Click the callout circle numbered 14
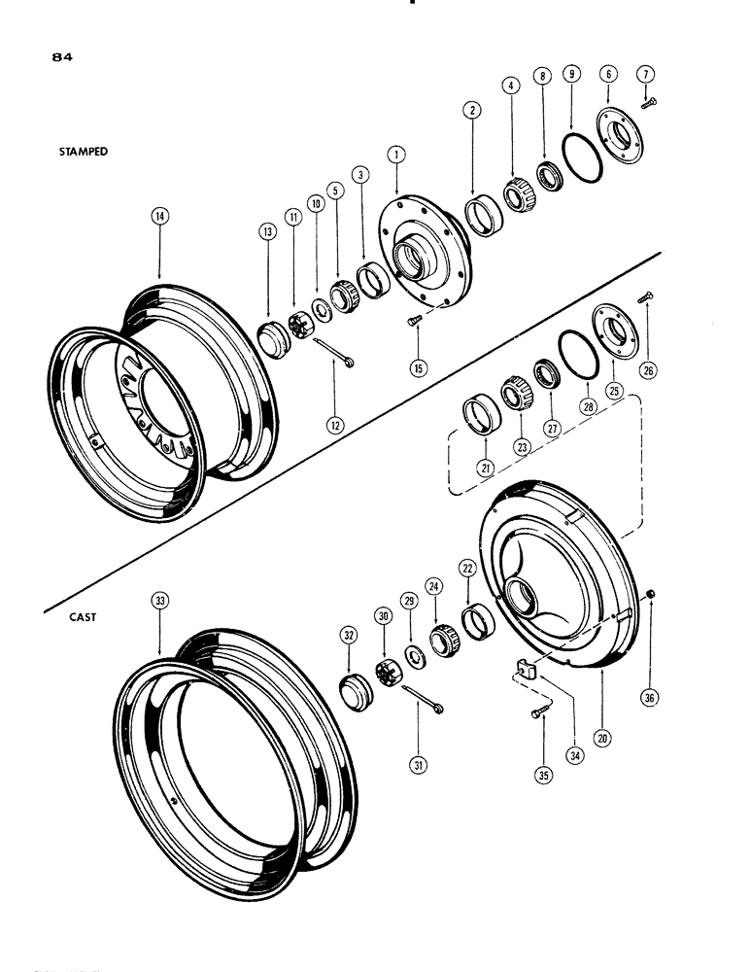159,218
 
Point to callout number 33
159,602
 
